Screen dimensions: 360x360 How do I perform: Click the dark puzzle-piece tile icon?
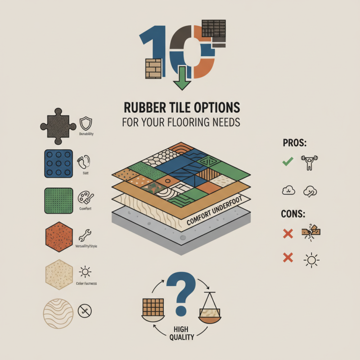pos(58,124)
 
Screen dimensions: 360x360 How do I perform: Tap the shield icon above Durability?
pos(85,123)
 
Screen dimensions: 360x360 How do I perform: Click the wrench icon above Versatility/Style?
pos(85,235)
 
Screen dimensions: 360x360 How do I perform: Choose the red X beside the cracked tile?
pos(288,233)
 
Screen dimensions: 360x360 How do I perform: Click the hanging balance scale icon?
pos(209,310)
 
